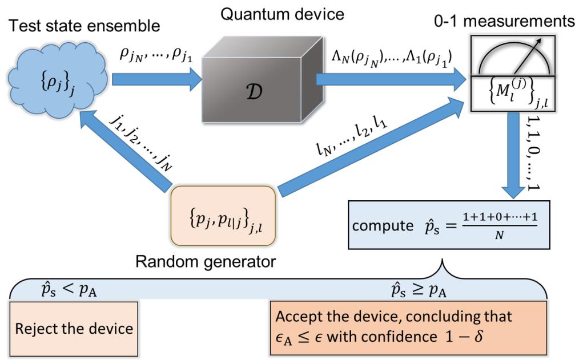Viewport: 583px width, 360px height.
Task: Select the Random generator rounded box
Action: pyautogui.click(x=223, y=213)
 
